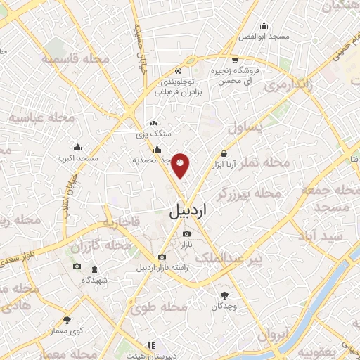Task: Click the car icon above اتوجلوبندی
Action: pos(179,71)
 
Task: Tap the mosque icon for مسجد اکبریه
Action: pos(77,148)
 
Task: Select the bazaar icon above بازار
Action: pos(186,234)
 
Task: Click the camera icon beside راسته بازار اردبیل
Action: pos(162,257)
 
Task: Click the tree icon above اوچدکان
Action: pos(224,295)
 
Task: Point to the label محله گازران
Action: pos(101,247)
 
